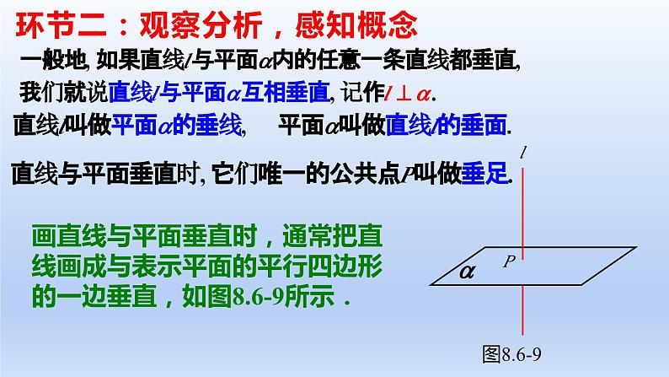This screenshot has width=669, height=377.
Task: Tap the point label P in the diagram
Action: pyautogui.click(x=509, y=261)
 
